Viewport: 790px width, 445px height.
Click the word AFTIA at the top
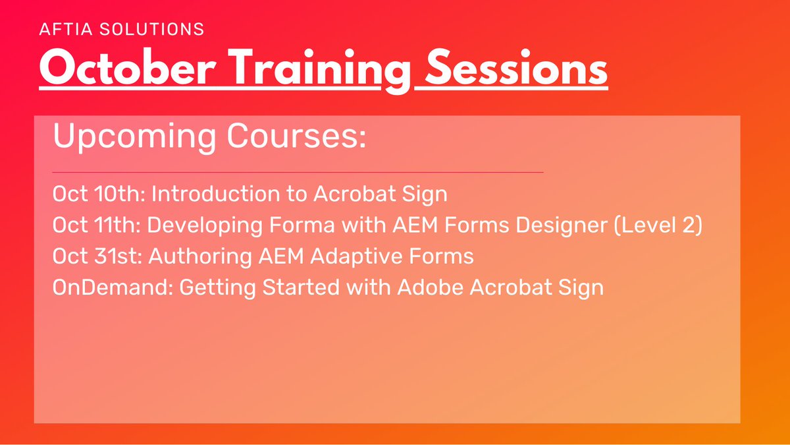[65, 29]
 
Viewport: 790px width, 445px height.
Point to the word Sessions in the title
[515, 68]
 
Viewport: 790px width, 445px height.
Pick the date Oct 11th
[96, 225]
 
